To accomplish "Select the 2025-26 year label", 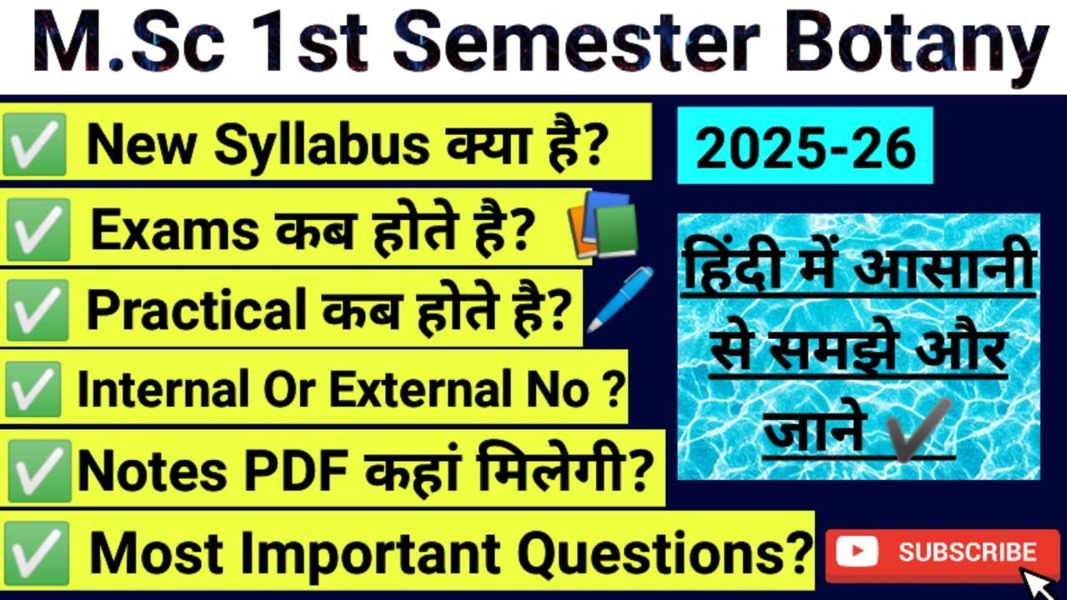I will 806,150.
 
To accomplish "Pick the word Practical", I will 197,311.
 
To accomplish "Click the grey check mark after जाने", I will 919,430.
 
